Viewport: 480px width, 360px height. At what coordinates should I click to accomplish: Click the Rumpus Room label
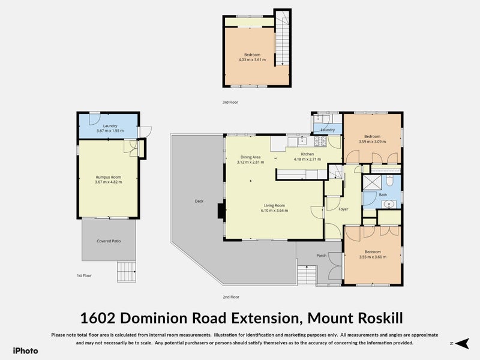point(109,177)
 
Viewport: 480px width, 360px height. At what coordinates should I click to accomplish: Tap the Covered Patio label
point(109,241)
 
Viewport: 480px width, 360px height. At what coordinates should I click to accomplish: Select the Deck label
point(199,201)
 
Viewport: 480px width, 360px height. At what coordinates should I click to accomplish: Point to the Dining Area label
point(250,157)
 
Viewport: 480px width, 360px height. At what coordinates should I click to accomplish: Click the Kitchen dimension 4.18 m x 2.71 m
point(307,159)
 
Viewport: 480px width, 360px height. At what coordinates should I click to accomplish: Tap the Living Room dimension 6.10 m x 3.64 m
point(274,211)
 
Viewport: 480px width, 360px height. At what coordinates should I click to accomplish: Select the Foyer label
point(343,209)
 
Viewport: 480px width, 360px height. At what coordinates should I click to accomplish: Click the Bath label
point(383,194)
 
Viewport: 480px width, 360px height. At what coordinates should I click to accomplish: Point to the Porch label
point(322,256)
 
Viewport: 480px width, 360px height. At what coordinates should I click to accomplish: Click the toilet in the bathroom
point(389,181)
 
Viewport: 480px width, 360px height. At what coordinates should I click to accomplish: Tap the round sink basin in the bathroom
point(389,204)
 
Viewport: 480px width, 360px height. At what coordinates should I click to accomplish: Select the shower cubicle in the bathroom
point(372,183)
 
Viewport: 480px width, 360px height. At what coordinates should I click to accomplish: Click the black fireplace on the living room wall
point(221,211)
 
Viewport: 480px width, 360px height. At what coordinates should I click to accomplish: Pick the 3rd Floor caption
point(230,102)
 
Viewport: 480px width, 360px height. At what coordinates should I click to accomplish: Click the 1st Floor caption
point(84,275)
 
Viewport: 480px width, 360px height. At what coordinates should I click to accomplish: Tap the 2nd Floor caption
point(231,297)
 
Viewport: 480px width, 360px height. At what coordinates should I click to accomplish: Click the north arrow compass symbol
point(462,343)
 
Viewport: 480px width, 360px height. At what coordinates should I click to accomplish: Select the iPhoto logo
point(25,351)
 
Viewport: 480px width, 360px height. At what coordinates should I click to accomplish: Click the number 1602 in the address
point(97,318)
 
